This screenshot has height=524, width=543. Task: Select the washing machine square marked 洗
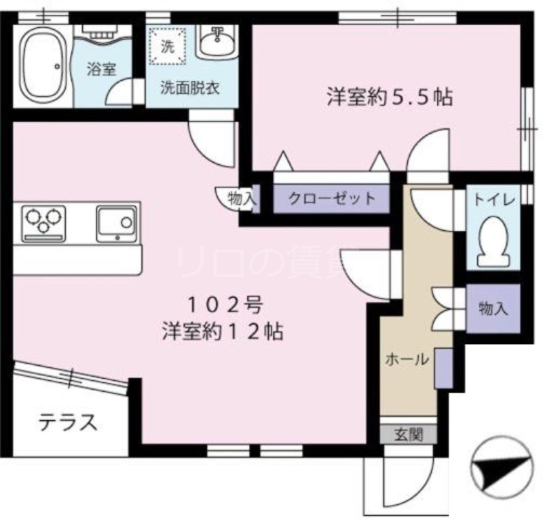pos(166,47)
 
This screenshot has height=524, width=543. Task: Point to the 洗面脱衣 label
pos(189,88)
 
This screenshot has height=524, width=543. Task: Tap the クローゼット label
pos(331,199)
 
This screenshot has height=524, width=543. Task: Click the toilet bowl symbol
pos(493,242)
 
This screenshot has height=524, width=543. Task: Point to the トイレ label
pos(494,200)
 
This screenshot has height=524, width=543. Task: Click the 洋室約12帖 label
pos(223,332)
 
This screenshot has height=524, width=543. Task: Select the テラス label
pos(68,423)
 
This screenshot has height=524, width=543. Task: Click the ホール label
pos(407,359)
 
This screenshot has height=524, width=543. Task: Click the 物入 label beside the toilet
pos(493,309)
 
